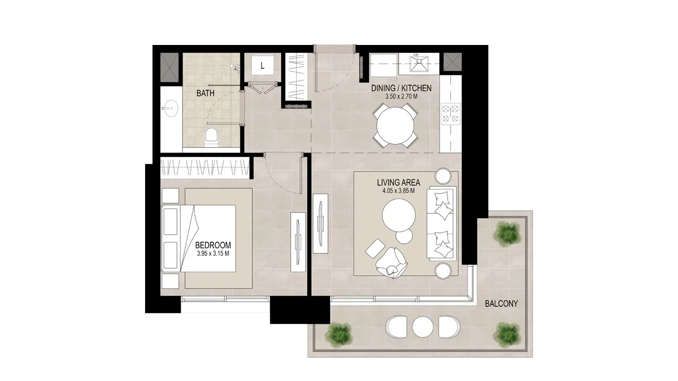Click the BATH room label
205,93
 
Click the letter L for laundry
262,66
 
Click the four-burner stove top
451,114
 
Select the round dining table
395,125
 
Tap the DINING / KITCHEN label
402,88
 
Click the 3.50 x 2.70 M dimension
402,97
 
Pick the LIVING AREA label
398,183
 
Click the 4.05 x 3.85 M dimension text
398,191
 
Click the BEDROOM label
213,245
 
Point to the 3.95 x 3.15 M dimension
213,253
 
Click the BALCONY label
501,304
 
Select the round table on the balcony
423,327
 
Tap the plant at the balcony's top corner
507,234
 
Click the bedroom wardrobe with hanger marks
205,167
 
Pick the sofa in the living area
441,224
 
